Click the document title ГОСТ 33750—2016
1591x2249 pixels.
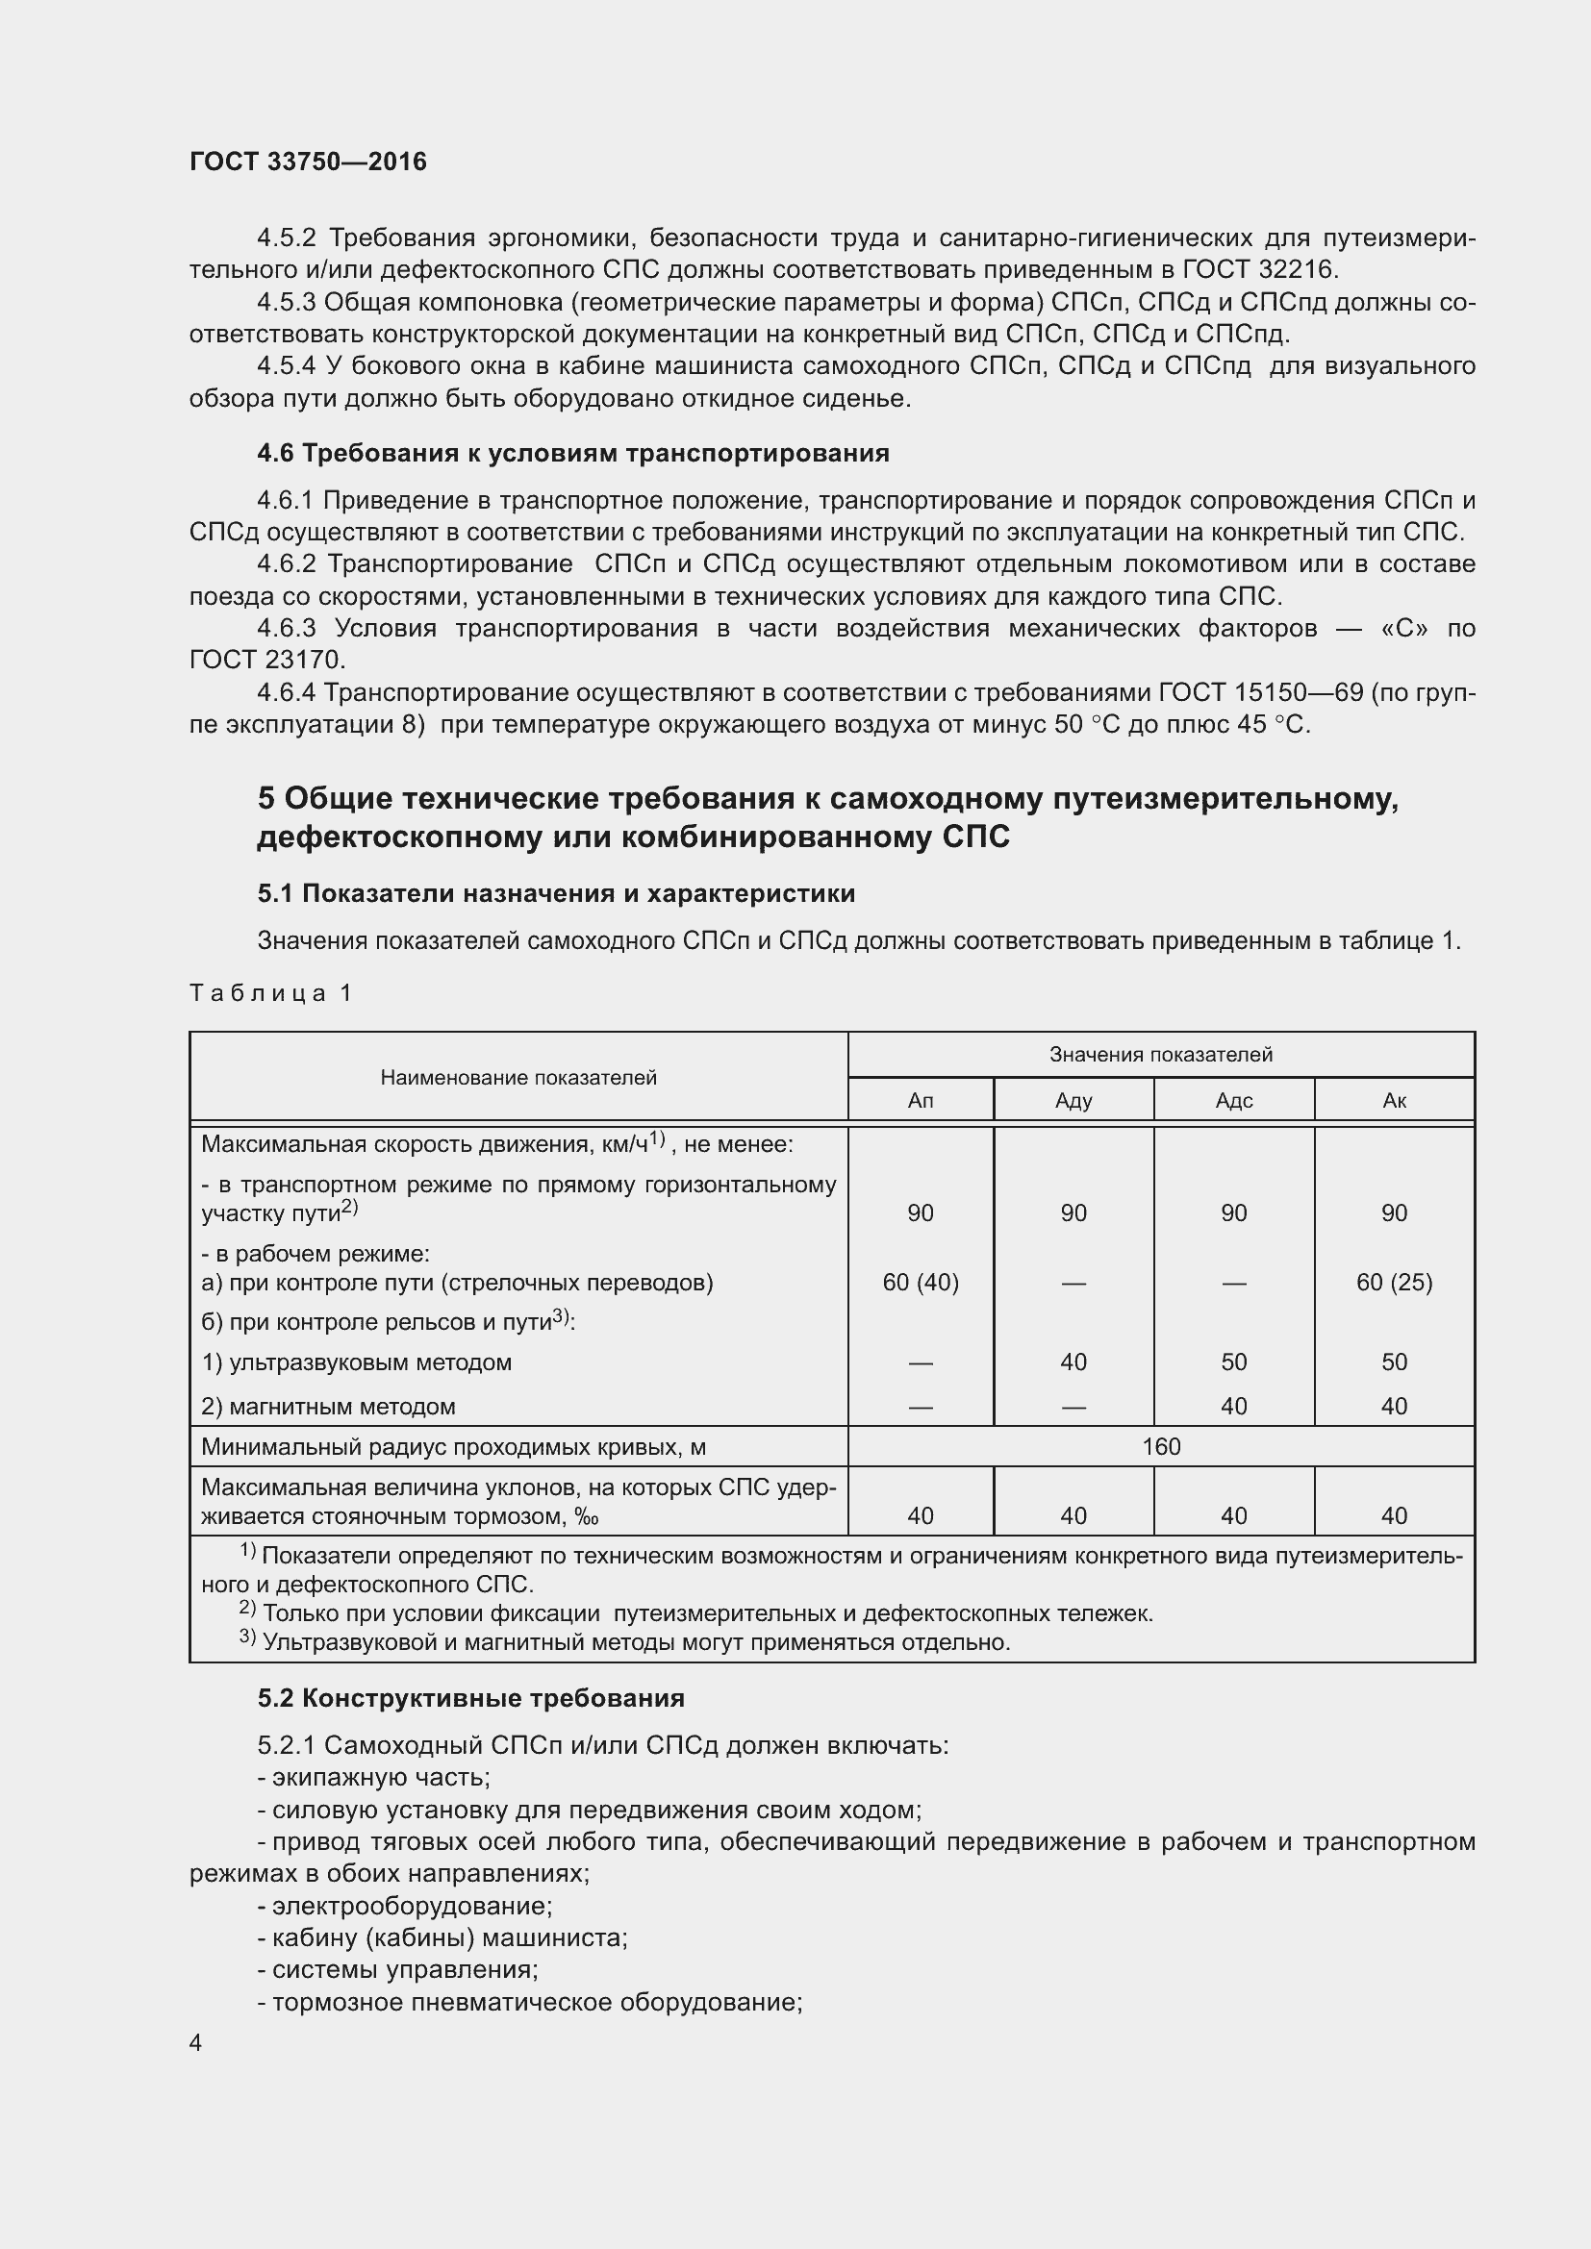pyautogui.click(x=308, y=162)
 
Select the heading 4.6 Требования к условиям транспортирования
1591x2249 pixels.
pyautogui.click(x=573, y=453)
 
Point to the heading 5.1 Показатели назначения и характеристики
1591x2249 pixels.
pyautogui.click(x=555, y=893)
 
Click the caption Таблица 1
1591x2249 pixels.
pyautogui.click(x=270, y=993)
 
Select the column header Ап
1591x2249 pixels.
pyautogui.click(x=920, y=1100)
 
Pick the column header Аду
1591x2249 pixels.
pyautogui.click(x=1073, y=1100)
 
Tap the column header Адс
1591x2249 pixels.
pyautogui.click(x=1233, y=1100)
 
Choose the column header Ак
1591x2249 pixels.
pyautogui.click(x=1393, y=1100)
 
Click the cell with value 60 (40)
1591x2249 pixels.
pyautogui.click(x=920, y=1283)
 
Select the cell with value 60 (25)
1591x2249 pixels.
pyautogui.click(x=1393, y=1283)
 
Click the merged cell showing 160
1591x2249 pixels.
pyautogui.click(x=1161, y=1447)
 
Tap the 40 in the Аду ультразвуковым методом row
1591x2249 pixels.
pyautogui.click(x=1073, y=1362)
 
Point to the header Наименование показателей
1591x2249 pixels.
pyautogui.click(x=518, y=1078)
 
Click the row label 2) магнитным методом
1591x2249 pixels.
pyautogui.click(x=328, y=1407)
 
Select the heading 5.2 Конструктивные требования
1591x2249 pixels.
pyautogui.click(x=470, y=1698)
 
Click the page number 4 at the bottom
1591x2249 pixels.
pyautogui.click(x=196, y=2041)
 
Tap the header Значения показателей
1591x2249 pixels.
pyautogui.click(x=1161, y=1054)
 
